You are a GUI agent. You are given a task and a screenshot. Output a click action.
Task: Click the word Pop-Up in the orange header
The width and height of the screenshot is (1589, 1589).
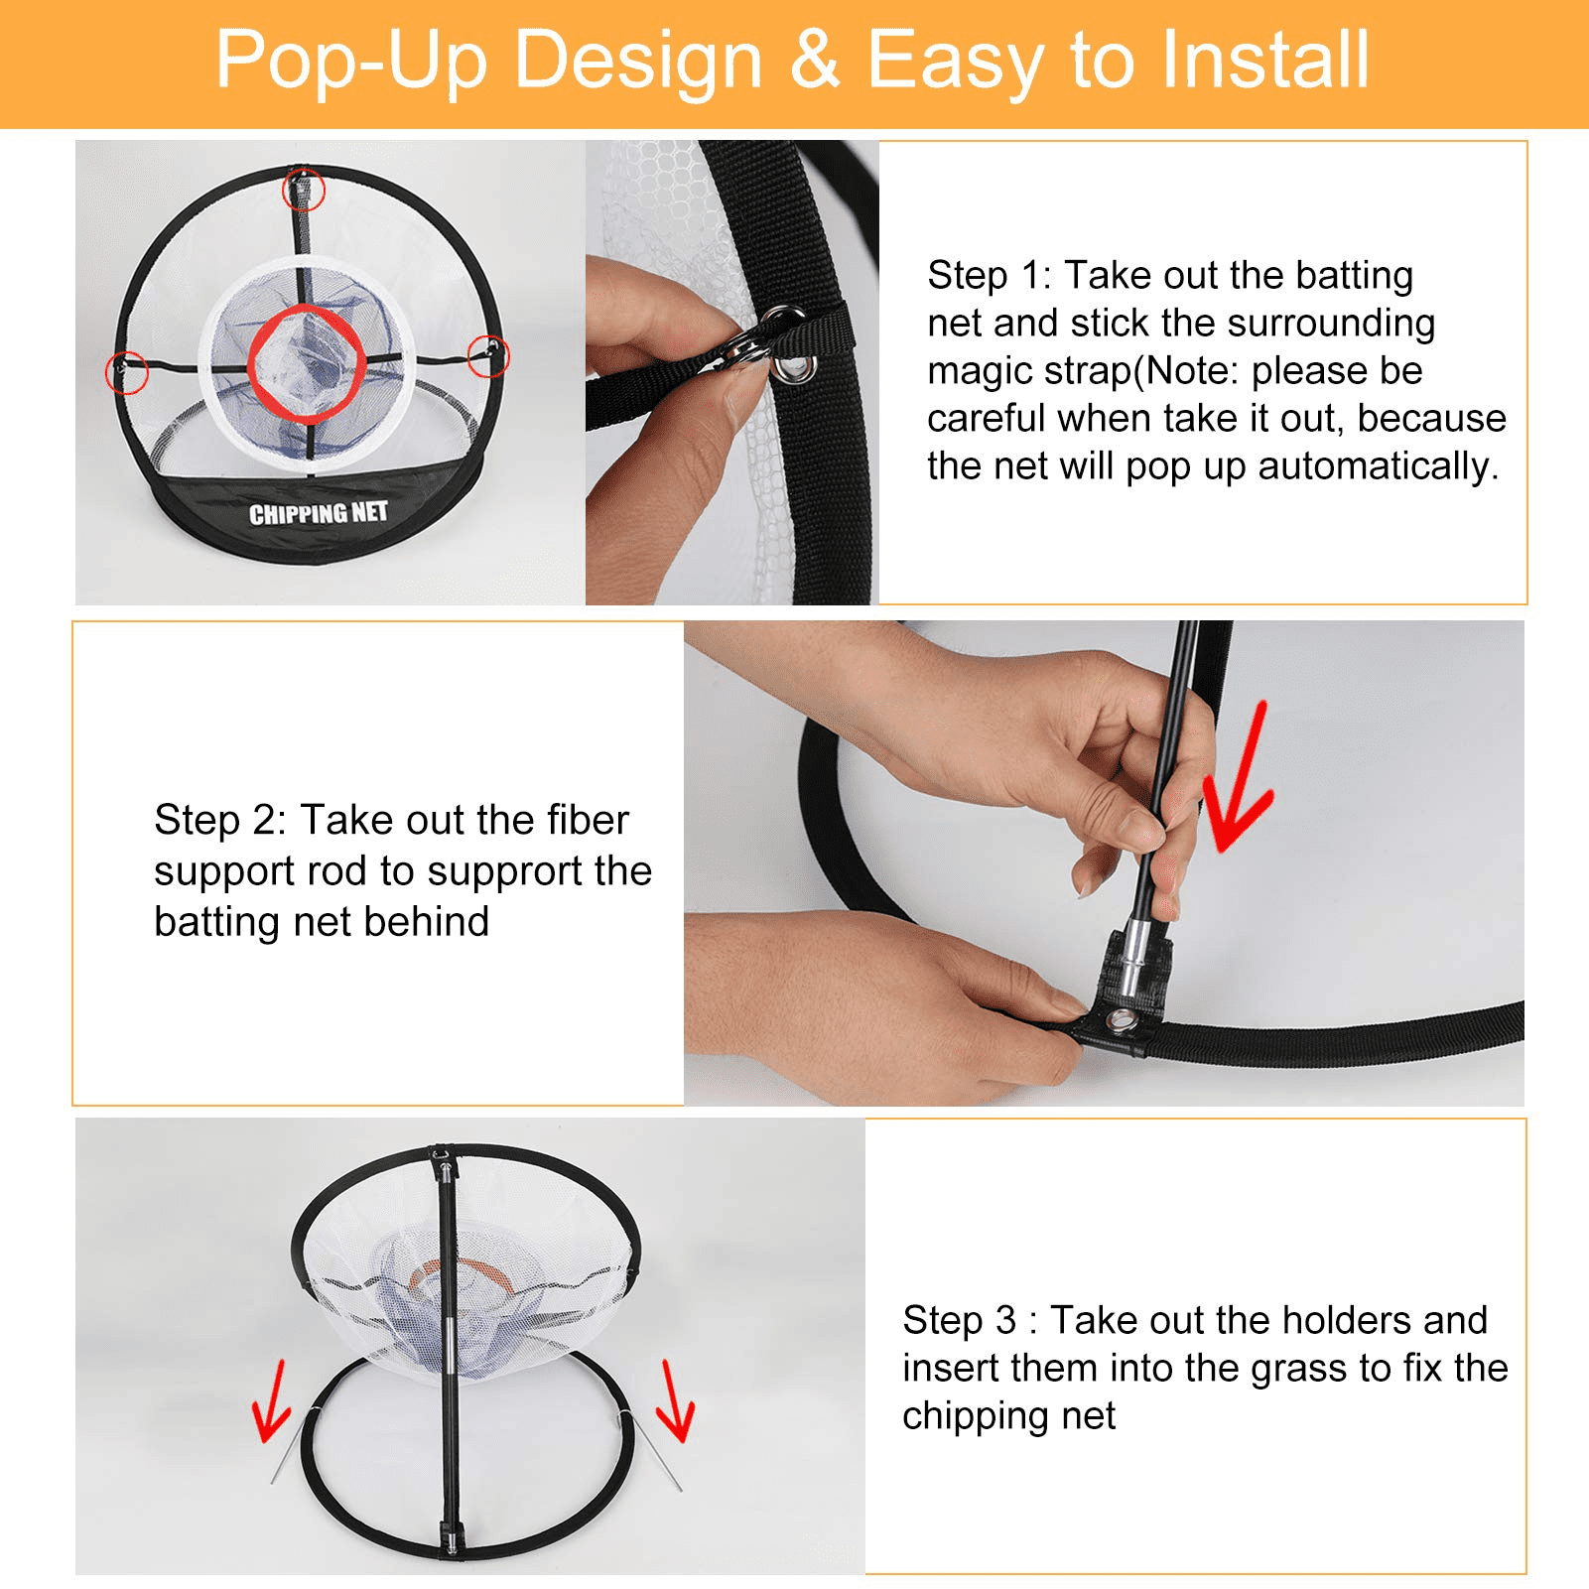[x=350, y=62]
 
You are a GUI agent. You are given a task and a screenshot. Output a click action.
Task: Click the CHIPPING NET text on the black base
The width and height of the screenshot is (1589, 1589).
[x=318, y=513]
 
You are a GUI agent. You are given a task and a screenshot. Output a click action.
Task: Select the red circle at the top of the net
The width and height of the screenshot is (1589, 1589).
[x=304, y=189]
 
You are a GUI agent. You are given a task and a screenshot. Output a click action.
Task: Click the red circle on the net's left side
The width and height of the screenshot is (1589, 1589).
[x=126, y=372]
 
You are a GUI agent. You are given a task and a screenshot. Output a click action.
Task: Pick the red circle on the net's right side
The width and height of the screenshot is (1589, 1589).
[x=487, y=354]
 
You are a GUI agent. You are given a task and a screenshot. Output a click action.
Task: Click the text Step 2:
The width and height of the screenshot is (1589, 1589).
[x=219, y=820]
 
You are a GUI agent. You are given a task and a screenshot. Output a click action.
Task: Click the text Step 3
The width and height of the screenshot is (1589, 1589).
[x=959, y=1320]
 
